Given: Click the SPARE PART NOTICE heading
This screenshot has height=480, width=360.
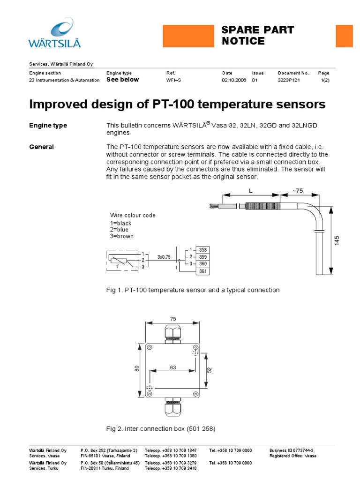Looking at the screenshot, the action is (257, 36).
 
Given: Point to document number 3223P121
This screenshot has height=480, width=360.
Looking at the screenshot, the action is (289, 80).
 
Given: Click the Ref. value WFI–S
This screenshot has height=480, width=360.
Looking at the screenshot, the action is (173, 80).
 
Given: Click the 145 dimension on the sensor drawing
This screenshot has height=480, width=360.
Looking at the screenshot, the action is (337, 241).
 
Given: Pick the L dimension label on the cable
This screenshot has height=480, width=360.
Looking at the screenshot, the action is (251, 190).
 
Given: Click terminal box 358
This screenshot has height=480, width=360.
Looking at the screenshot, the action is (203, 250).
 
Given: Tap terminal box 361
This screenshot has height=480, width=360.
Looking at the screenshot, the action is (203, 271).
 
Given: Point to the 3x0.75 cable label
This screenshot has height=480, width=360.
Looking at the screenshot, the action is (164, 257).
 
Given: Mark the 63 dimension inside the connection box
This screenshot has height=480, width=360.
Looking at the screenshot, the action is (173, 367).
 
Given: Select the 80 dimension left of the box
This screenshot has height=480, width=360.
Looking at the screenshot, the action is (137, 369).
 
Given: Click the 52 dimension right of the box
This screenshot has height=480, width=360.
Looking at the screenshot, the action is (210, 369).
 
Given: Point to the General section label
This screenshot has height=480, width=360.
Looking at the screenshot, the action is (41, 147).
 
